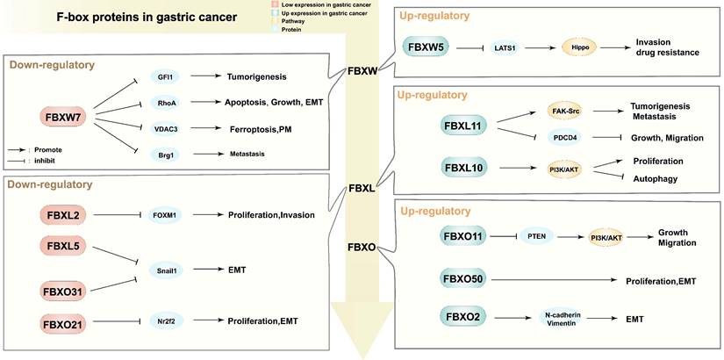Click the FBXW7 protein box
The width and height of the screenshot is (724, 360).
pyautogui.click(x=62, y=116)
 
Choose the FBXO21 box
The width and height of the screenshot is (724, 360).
pyautogui.click(x=64, y=324)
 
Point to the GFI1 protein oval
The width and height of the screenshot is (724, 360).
pyautogui.click(x=164, y=76)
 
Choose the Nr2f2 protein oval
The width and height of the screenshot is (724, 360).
pyautogui.click(x=164, y=324)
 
